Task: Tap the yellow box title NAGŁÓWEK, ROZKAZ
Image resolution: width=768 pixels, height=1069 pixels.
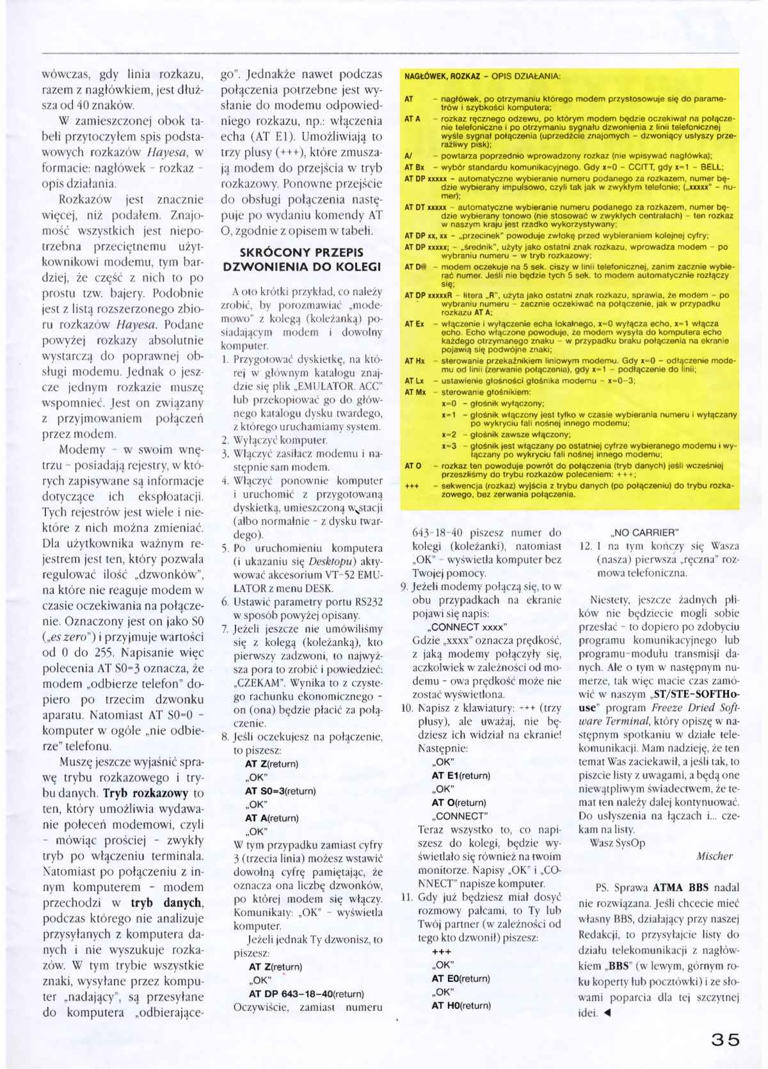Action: [442, 76]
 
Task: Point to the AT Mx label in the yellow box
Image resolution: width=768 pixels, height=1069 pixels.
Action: [415, 392]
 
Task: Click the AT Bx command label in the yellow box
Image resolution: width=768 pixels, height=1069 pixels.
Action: [414, 166]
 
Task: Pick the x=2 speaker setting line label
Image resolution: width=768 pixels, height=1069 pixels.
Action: [449, 434]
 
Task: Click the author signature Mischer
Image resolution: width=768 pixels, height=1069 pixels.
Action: [714, 855]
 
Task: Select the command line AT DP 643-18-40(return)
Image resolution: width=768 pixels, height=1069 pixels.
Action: [306, 993]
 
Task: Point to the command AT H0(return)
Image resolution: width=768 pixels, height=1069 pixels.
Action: [461, 1005]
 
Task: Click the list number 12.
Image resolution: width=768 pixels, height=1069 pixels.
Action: [584, 546]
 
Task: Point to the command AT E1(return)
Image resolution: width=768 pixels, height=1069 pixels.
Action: [460, 775]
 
